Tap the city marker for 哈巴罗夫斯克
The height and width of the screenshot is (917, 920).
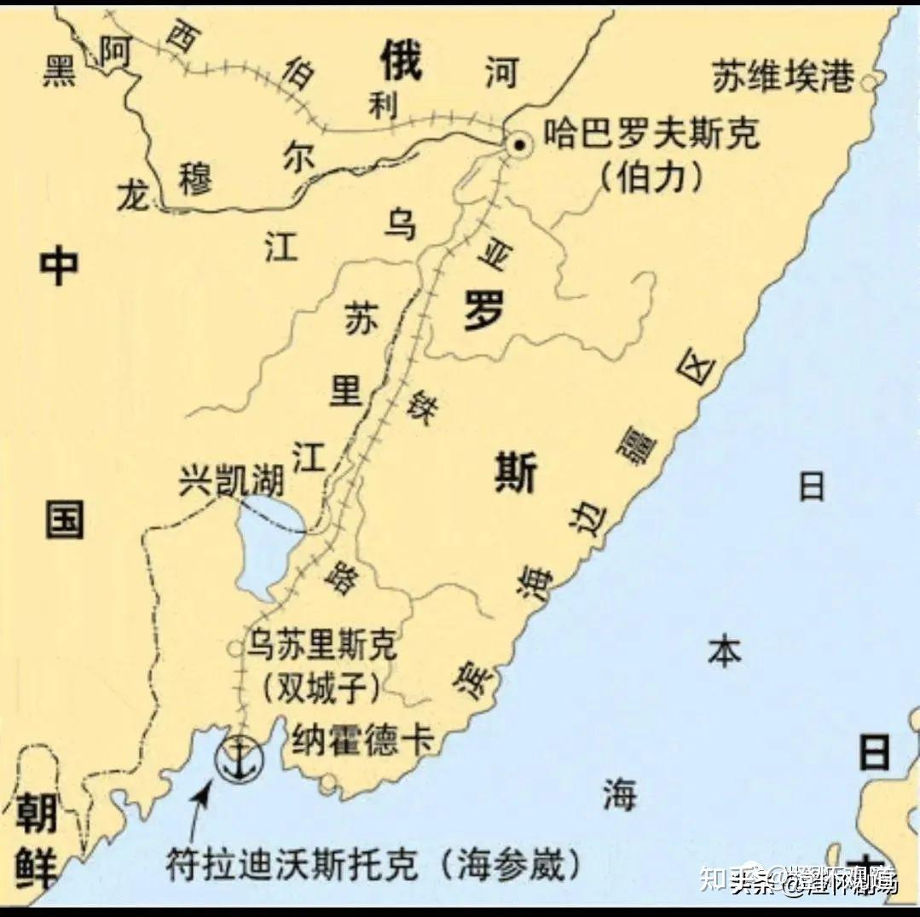[518, 146]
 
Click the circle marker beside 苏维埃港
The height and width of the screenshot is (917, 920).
[869, 82]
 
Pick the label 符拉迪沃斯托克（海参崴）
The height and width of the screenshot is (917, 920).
[375, 865]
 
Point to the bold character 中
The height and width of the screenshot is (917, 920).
[59, 266]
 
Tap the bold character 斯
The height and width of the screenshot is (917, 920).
[515, 472]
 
